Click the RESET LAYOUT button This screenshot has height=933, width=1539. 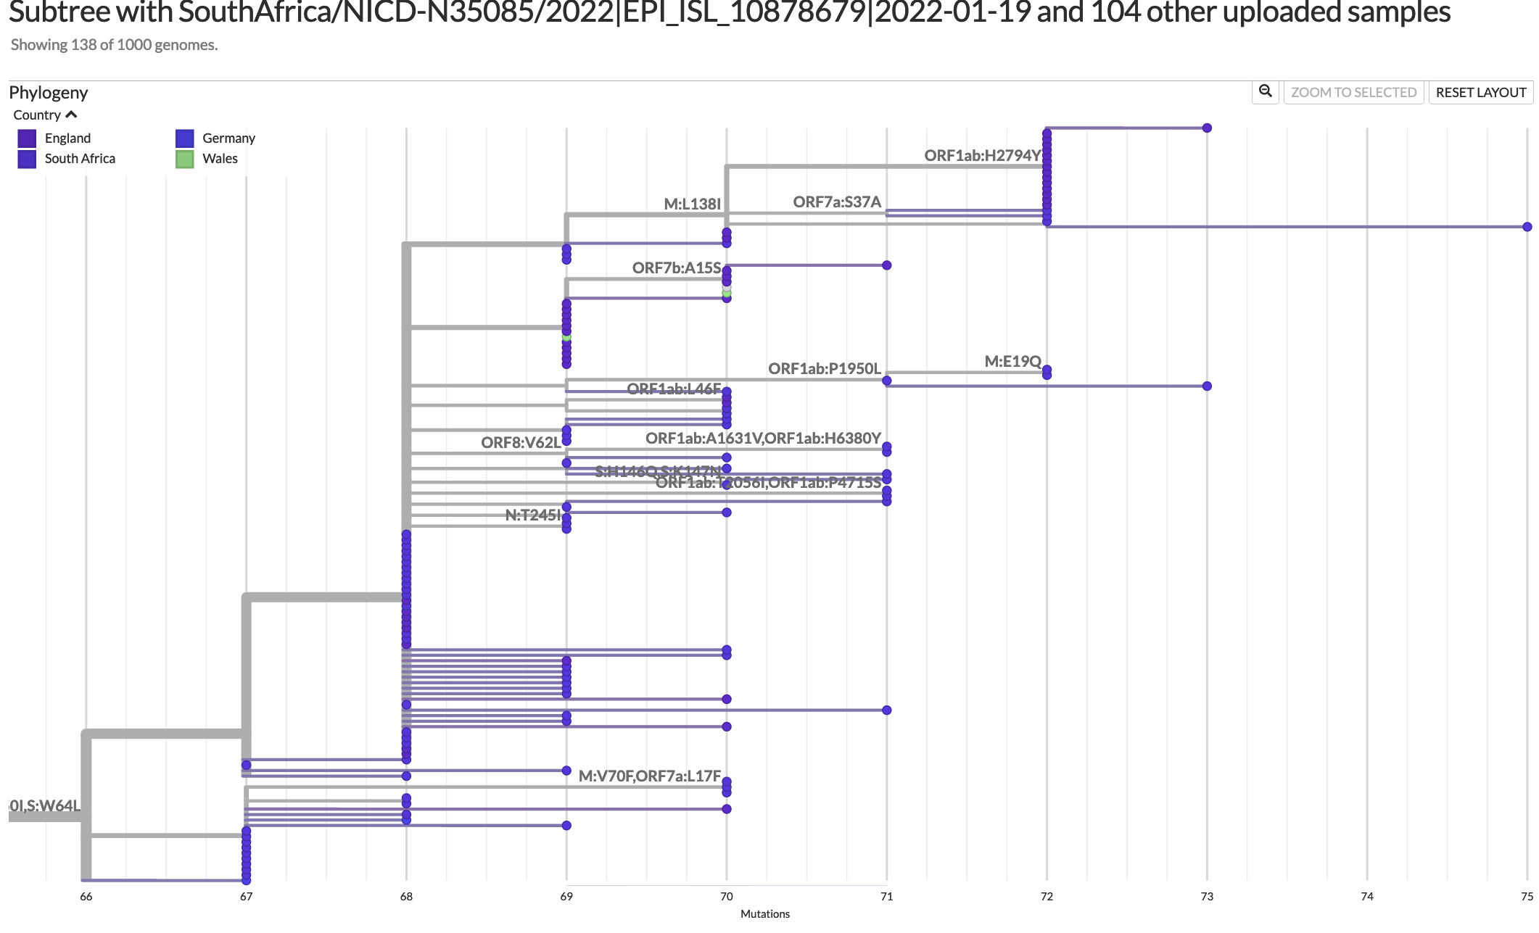(1480, 92)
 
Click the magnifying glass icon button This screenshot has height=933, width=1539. (1265, 91)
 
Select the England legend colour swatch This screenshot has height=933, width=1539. (27, 138)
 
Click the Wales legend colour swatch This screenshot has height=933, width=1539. (185, 159)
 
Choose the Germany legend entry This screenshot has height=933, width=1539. (228, 138)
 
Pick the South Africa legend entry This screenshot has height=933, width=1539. (80, 159)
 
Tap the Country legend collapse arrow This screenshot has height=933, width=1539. (71, 115)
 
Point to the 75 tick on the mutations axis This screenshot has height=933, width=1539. (1526, 897)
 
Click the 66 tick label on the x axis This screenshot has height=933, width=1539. (86, 897)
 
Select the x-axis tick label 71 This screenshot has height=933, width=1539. (886, 897)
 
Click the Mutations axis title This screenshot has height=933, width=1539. (764, 914)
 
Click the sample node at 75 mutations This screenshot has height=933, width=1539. (1527, 227)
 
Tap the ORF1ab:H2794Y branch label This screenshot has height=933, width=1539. (982, 156)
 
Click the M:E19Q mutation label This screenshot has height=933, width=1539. (1012, 361)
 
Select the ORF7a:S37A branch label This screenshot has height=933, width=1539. (837, 202)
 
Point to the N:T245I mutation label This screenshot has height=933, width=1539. (533, 515)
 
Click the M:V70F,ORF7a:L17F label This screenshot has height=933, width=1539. (650, 776)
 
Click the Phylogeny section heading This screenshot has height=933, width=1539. (48, 93)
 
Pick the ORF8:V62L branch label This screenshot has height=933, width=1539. (521, 443)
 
